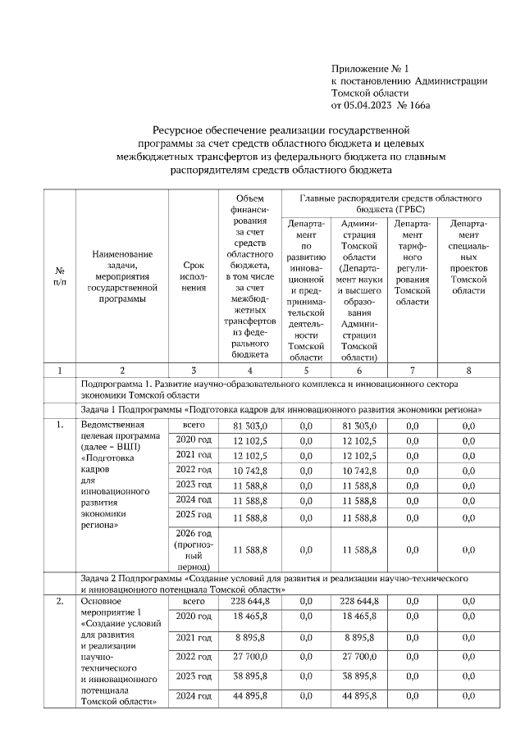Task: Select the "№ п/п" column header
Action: pyautogui.click(x=60, y=275)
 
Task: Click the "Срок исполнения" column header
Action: pyautogui.click(x=194, y=277)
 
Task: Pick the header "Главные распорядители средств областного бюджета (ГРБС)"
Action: pyautogui.click(x=390, y=203)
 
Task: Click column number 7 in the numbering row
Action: pyautogui.click(x=413, y=371)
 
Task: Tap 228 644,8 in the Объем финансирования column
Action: pyautogui.click(x=250, y=602)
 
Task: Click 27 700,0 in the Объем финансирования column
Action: pyautogui.click(x=250, y=658)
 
